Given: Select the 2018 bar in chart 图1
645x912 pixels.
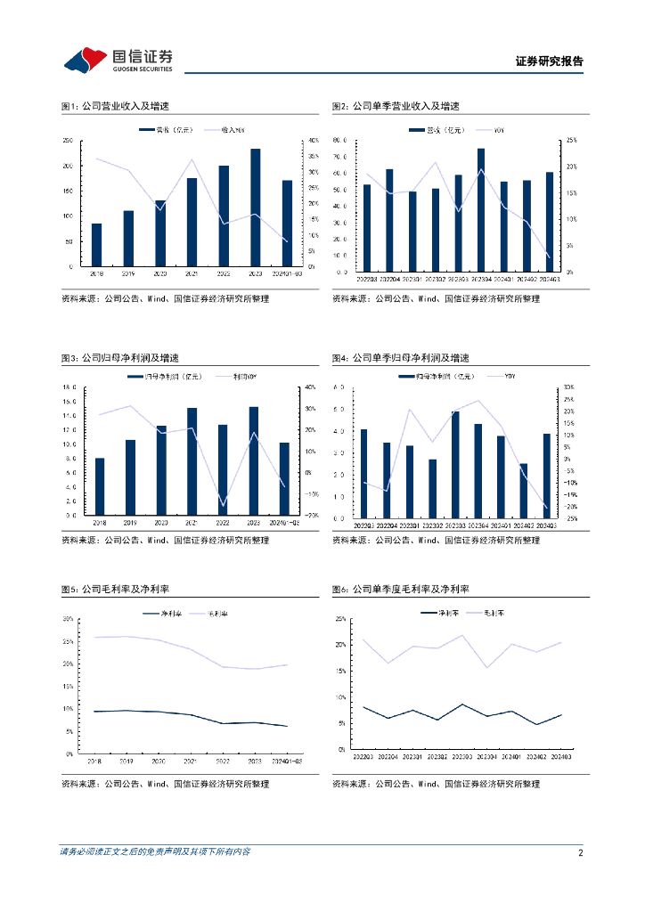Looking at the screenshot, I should click(96, 245).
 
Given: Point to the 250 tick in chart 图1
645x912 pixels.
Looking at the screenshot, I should click(68, 141).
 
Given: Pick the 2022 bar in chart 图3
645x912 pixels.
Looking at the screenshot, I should click(223, 470).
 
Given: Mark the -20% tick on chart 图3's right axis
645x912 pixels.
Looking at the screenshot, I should click(311, 516).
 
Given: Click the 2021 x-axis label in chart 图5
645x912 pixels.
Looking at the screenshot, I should click(190, 761).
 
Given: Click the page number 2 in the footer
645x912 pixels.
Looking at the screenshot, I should click(580, 852).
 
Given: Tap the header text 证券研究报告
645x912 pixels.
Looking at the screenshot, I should click(550, 61).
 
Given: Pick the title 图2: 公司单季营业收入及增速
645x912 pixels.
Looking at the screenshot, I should click(396, 106).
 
